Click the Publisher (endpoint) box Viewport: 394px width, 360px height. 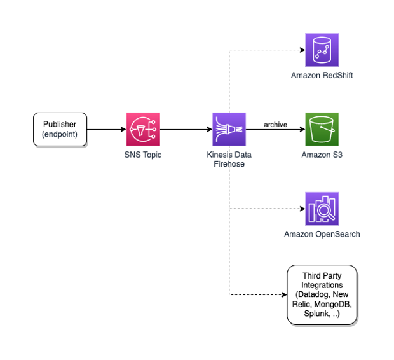(x=60, y=130)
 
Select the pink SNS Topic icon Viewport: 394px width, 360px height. (x=142, y=130)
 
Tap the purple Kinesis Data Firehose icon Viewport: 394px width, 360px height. (x=229, y=130)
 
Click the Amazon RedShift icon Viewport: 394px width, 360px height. (x=322, y=50)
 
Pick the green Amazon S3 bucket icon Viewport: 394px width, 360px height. (x=322, y=130)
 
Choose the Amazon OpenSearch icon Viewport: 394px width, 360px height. (x=322, y=208)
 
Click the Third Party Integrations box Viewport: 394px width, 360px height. (x=322, y=295)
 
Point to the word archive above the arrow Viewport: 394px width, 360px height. (x=275, y=125)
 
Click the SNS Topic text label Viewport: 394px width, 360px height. (x=142, y=155)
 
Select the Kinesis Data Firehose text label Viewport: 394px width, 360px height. (x=229, y=159)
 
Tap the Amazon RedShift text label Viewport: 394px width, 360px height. (x=322, y=76)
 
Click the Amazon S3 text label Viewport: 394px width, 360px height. (x=322, y=155)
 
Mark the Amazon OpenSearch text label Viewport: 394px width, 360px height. (x=322, y=234)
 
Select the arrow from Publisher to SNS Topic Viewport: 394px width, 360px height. (x=105, y=130)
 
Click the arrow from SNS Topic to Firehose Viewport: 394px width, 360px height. (x=186, y=130)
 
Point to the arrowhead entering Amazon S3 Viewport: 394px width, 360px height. (x=301, y=130)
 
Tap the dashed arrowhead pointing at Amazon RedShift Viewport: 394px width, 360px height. (x=301, y=50)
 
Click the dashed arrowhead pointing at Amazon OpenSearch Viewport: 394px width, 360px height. (x=301, y=208)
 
